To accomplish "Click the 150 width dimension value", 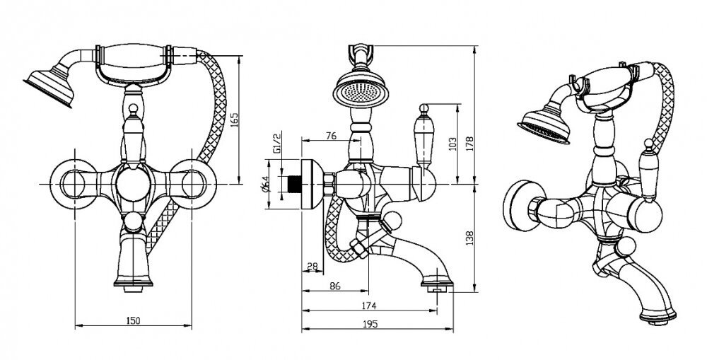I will click(x=134, y=320).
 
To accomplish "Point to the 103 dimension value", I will click(x=453, y=143).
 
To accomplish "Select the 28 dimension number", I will click(x=311, y=266).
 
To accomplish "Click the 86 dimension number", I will click(x=335, y=286).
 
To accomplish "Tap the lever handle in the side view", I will click(x=426, y=141).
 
